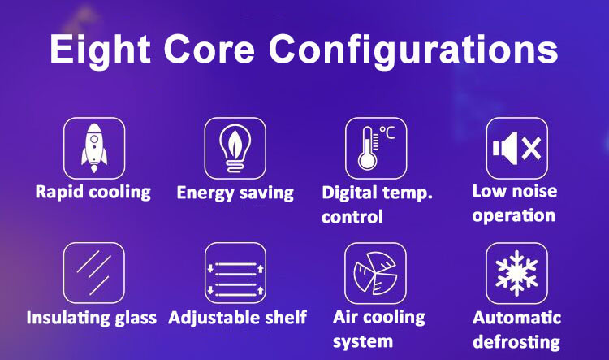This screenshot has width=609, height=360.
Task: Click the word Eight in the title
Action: tap(100, 50)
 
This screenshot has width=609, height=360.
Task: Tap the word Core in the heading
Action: tap(209, 50)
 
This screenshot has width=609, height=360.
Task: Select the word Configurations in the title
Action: tap(413, 50)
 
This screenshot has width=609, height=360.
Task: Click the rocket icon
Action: tap(94, 148)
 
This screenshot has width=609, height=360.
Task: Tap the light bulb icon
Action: tap(235, 148)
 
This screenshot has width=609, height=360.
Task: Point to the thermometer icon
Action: tap(367, 148)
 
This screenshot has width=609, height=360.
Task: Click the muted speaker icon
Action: tap(516, 148)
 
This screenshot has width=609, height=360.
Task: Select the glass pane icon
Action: tap(94, 272)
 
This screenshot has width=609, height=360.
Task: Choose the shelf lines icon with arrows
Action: tap(235, 279)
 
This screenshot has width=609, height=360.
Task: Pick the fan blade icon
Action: tap(375, 273)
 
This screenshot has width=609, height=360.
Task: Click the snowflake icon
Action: tap(516, 273)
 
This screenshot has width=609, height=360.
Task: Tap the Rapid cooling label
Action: tap(93, 193)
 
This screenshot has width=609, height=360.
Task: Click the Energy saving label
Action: tap(235, 193)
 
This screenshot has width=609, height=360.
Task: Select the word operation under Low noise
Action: tap(513, 216)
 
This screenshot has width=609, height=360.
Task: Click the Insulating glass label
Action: tap(92, 318)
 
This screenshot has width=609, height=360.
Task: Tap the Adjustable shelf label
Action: tap(238, 318)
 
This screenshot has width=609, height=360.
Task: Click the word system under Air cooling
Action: tap(363, 342)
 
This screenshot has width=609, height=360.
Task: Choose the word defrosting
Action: tap(516, 342)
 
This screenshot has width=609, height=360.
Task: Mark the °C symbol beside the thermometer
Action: tap(387, 132)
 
